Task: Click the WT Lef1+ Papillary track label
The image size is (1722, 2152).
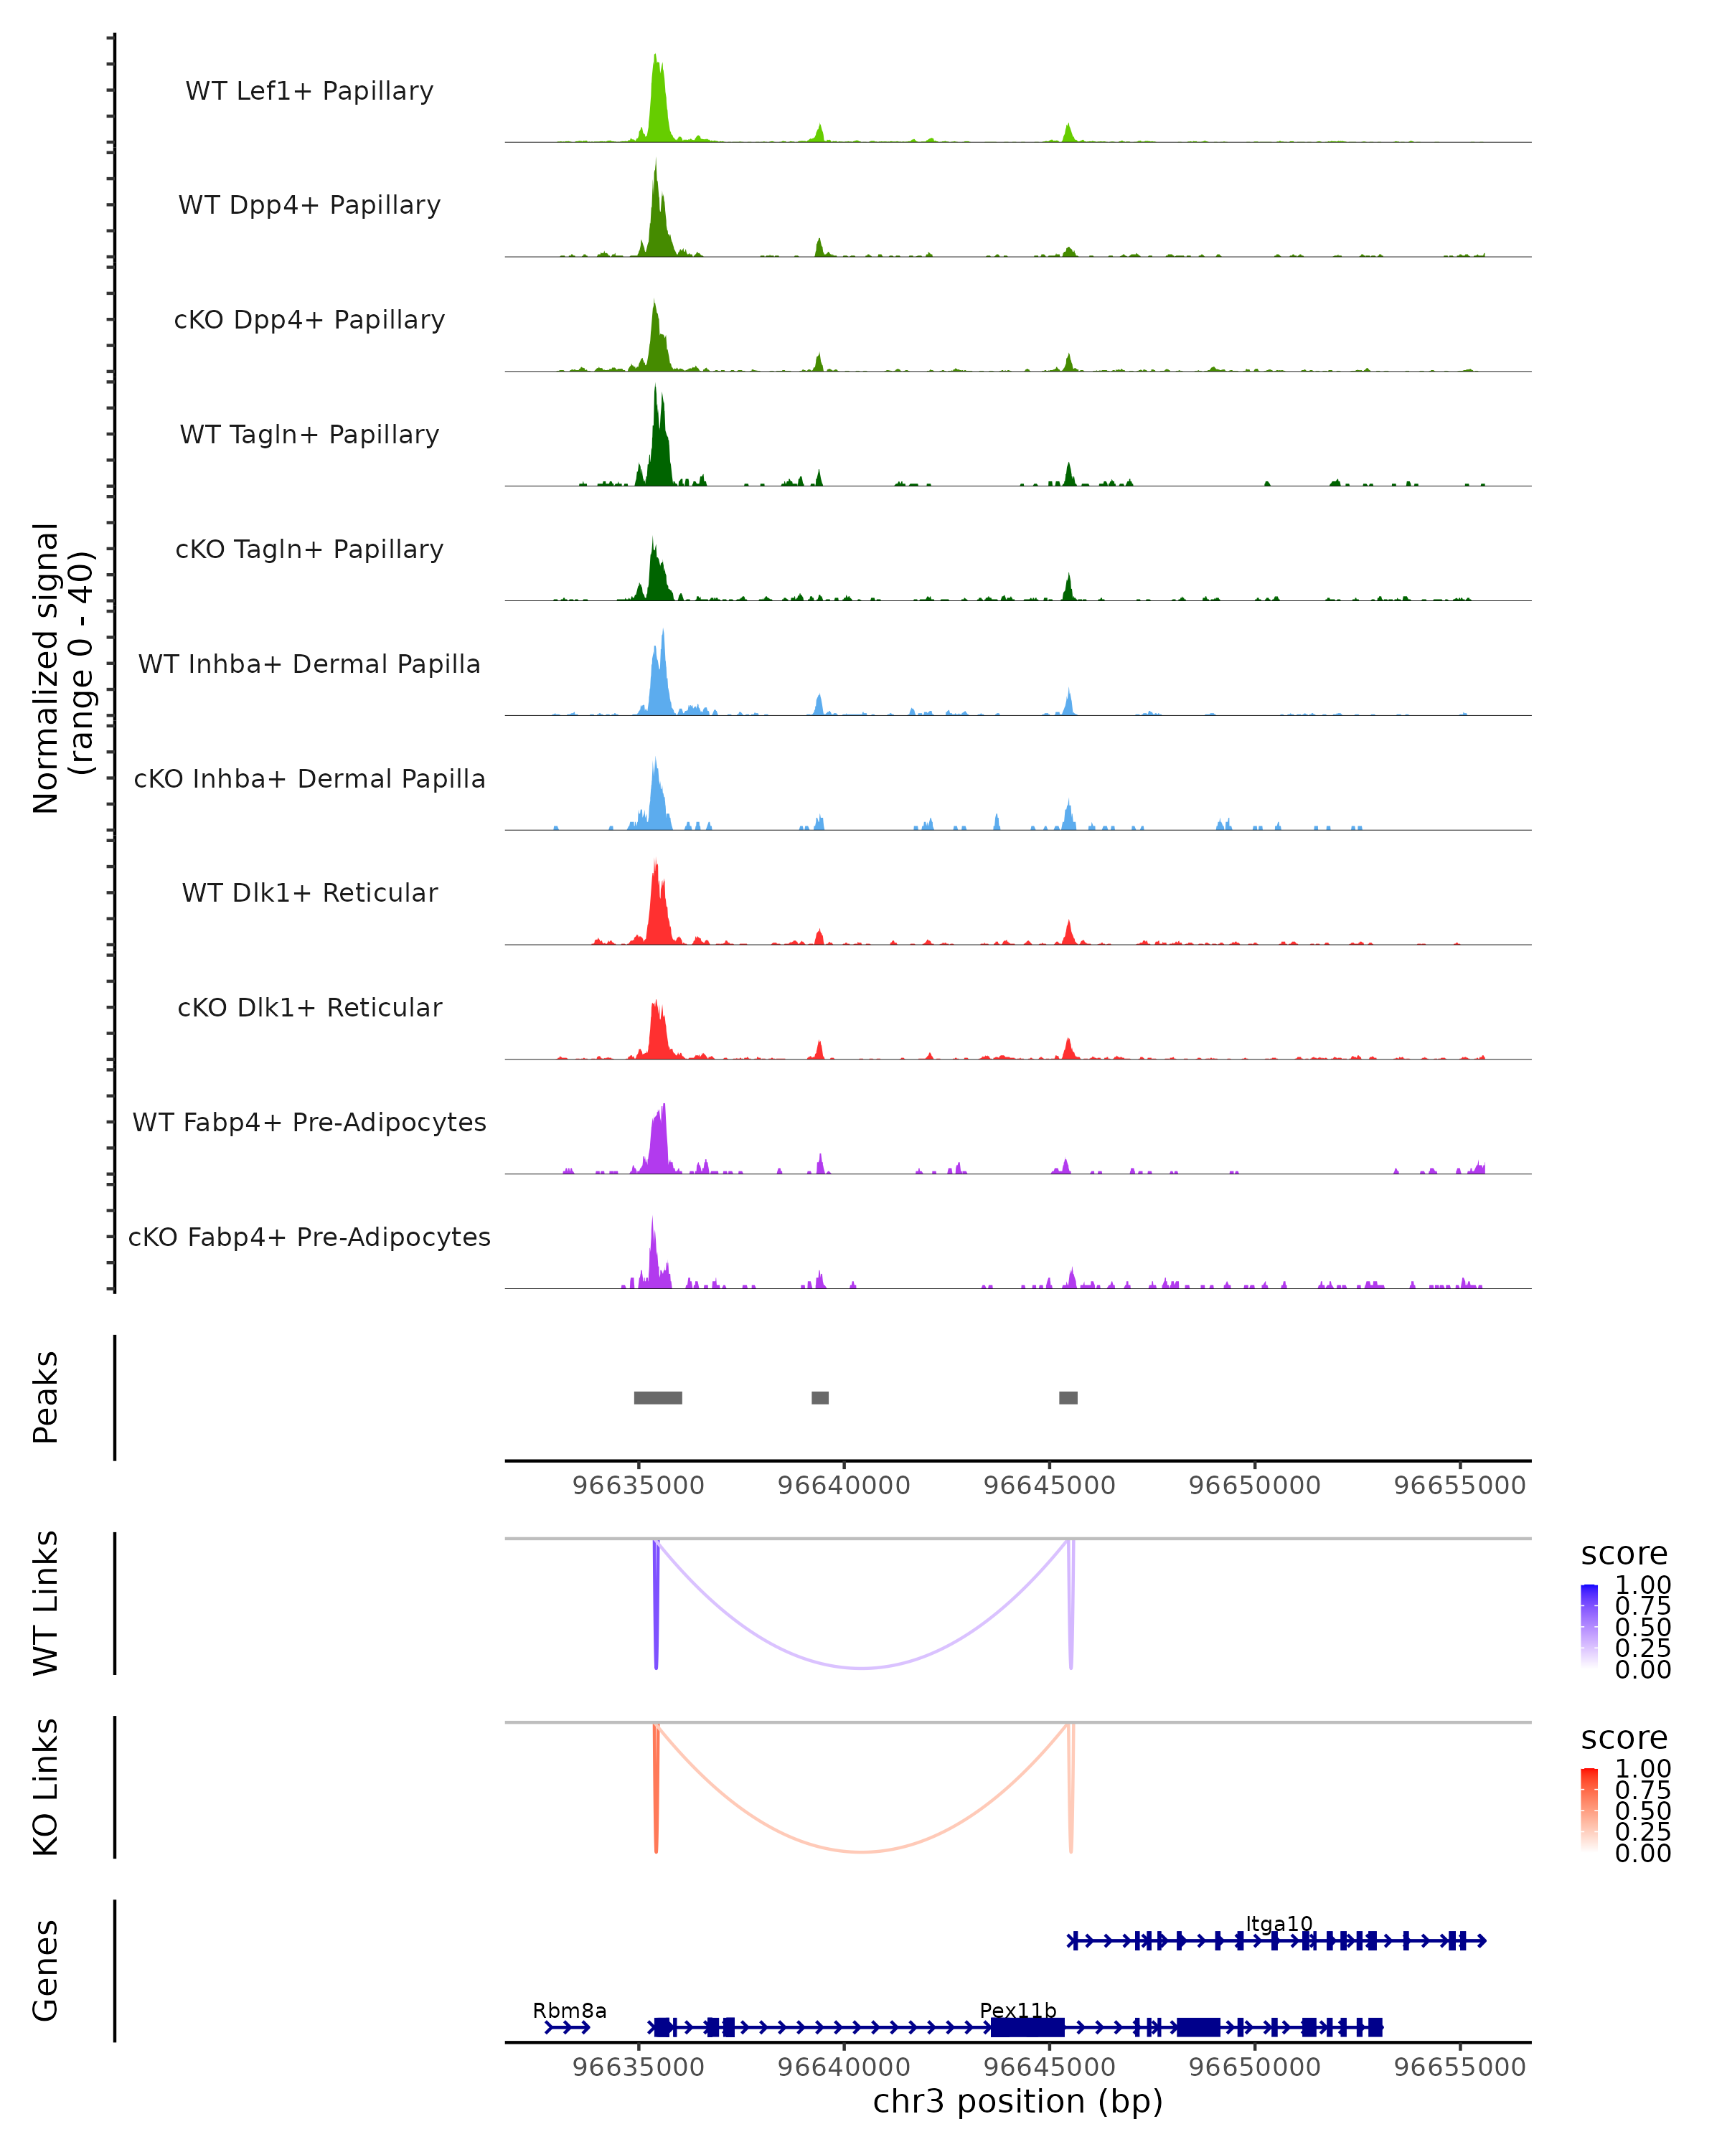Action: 309,91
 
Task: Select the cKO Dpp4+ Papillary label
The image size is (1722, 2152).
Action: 309,321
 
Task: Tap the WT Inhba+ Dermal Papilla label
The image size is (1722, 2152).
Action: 309,665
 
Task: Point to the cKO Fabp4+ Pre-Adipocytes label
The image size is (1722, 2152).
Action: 309,1237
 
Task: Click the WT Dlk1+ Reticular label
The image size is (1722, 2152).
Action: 309,893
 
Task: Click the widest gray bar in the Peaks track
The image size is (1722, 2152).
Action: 658,1397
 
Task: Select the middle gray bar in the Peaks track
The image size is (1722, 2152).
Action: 819,1397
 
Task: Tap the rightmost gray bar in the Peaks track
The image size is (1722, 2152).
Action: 1068,1397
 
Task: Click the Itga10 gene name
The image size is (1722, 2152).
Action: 1279,1925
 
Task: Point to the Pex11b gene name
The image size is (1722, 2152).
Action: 1017,2010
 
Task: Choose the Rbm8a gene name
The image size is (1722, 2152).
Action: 569,2010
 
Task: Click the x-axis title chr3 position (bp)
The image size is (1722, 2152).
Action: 1017,2101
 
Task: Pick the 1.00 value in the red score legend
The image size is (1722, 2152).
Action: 1642,1769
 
